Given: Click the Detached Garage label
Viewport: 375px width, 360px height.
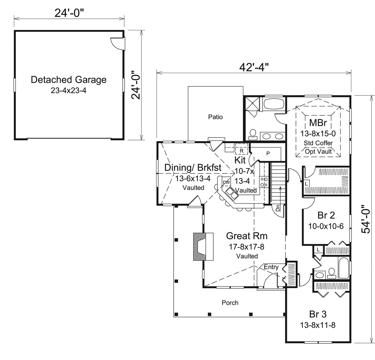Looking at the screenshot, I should (x=69, y=79).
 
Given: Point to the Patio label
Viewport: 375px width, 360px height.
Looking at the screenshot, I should (x=215, y=117).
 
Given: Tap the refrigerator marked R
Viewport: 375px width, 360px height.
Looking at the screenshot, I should (x=241, y=151).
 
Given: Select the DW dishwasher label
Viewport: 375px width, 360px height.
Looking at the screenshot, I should (x=226, y=182).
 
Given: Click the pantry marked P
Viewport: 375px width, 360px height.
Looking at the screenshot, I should (x=268, y=153).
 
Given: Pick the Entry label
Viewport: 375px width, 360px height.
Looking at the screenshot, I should (x=271, y=267).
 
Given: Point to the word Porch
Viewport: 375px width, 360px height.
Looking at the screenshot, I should (x=230, y=302).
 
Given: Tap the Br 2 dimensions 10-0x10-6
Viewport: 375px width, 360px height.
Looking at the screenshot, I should (x=325, y=226).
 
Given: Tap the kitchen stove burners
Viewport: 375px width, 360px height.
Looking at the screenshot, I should (x=264, y=182).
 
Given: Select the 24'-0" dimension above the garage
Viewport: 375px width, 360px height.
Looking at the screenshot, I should (x=69, y=12).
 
